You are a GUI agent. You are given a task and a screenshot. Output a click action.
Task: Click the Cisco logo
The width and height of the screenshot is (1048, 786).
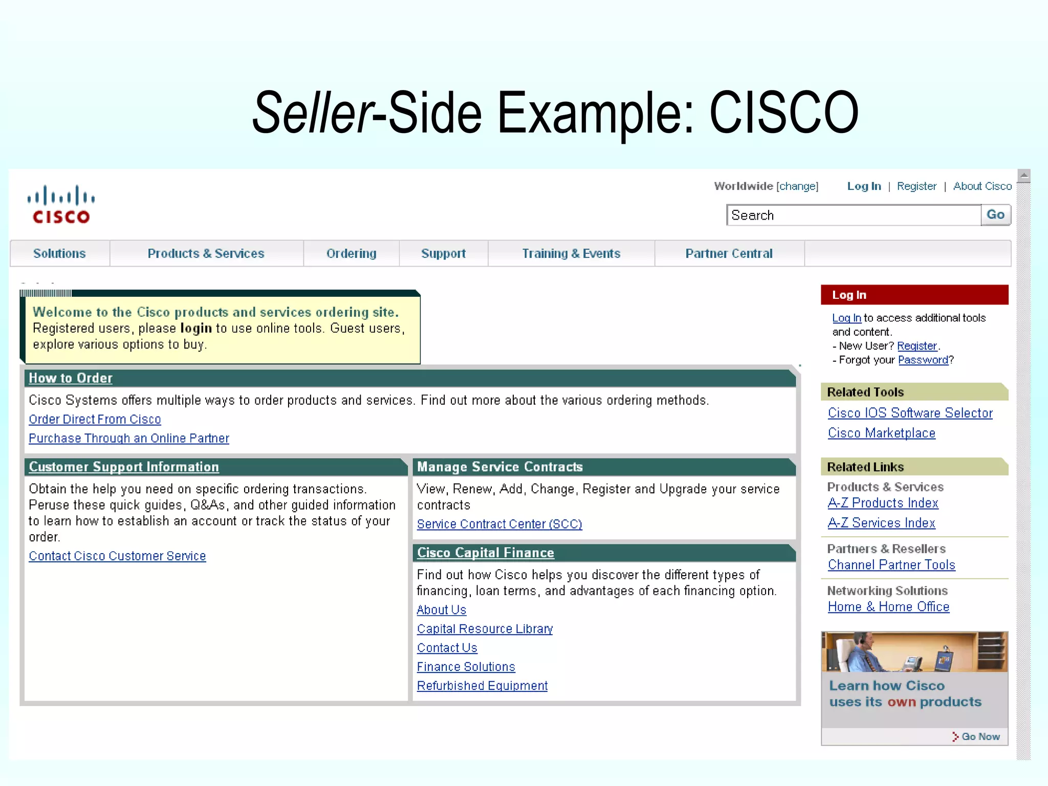click(61, 205)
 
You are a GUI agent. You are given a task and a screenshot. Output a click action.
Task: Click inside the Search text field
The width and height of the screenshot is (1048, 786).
click(853, 215)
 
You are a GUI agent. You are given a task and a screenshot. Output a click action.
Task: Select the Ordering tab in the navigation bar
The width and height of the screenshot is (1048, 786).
click(351, 253)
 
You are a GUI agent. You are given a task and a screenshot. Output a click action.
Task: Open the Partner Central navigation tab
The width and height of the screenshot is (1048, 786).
click(729, 253)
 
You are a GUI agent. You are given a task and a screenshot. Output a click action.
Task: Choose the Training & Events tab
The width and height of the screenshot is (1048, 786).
click(571, 253)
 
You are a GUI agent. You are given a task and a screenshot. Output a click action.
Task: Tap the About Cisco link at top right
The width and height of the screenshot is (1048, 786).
click(982, 186)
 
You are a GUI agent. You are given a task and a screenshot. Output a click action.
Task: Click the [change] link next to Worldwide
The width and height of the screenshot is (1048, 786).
click(797, 186)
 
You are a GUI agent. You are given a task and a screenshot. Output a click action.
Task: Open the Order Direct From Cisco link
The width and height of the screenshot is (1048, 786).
click(95, 420)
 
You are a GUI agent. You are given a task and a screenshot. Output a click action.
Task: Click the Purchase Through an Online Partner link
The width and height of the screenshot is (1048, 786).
click(129, 439)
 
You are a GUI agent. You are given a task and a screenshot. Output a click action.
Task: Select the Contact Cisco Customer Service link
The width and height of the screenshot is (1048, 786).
click(117, 556)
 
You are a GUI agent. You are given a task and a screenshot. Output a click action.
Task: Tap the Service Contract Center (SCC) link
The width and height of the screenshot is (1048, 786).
click(499, 525)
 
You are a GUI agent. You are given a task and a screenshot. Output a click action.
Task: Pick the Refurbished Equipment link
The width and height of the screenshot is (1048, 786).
click(482, 686)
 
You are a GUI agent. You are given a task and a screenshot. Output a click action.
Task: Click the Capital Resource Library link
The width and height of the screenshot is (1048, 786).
click(485, 629)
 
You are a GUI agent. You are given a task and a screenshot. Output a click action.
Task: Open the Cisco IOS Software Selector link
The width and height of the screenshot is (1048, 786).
click(910, 413)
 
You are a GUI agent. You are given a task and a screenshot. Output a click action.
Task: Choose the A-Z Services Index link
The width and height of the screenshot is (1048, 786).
click(881, 523)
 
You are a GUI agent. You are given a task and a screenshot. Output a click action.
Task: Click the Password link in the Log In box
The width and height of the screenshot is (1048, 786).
click(923, 360)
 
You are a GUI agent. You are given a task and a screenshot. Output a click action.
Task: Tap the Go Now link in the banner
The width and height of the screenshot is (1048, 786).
click(979, 736)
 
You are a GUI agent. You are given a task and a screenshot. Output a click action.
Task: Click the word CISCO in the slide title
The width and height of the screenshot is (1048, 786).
click(783, 113)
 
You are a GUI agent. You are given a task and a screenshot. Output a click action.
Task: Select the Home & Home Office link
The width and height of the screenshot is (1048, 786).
click(888, 607)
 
